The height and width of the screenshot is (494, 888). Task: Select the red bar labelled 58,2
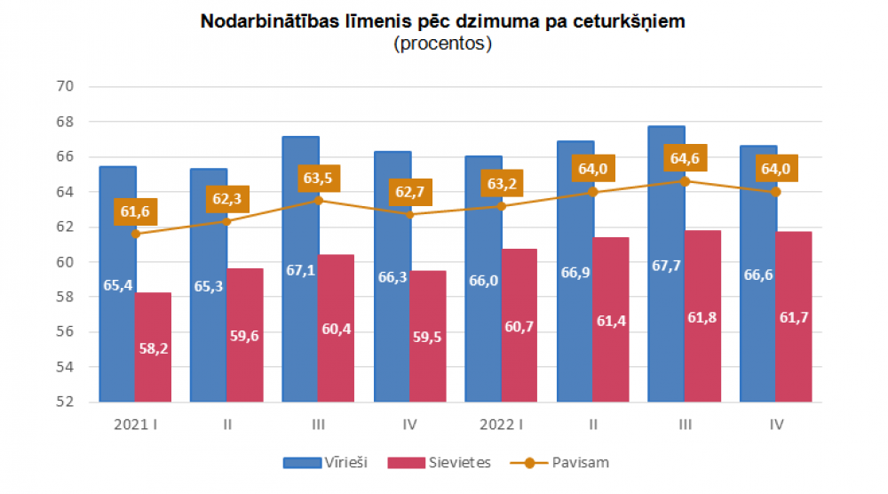click(154, 347)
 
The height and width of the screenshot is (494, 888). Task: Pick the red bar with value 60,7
click(519, 325)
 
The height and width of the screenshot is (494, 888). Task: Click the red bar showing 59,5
click(428, 336)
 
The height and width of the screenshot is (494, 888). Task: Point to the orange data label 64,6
click(684, 159)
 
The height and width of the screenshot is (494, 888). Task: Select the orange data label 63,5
click(318, 178)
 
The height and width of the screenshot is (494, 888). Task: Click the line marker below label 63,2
click(501, 206)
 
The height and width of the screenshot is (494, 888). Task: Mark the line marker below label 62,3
click(226, 221)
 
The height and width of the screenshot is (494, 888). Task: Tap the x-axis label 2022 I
click(501, 425)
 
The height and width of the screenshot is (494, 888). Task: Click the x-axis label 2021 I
click(135, 425)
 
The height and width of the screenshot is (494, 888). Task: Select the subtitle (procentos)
click(443, 44)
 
